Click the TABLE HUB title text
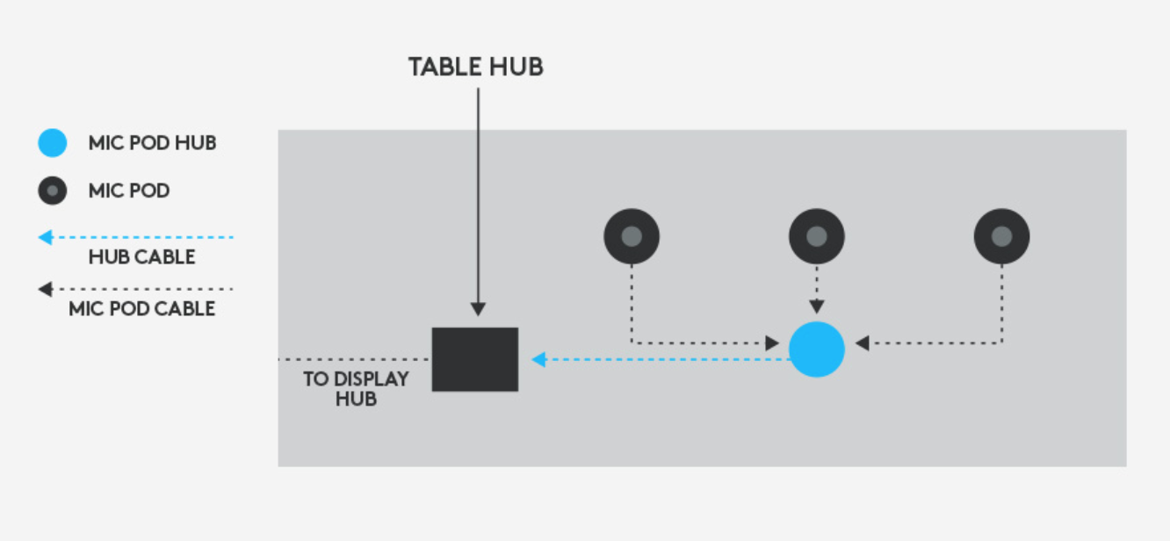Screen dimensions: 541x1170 tap(475, 67)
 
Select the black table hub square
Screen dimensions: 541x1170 tap(475, 359)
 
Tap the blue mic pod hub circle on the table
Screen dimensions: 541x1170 tap(817, 350)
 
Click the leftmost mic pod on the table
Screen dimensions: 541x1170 tap(632, 236)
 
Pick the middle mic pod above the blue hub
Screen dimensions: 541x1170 tap(817, 236)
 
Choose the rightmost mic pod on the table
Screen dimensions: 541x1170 tap(1001, 236)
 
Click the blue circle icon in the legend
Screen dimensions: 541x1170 tap(53, 143)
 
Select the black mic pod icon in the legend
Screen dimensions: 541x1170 tap(53, 191)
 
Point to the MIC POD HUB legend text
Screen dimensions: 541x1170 tap(152, 143)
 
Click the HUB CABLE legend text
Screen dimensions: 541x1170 tap(141, 257)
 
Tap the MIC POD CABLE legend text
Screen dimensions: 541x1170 tap(141, 308)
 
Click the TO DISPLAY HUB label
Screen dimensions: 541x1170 tap(356, 388)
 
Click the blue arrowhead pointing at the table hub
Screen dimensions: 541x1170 tap(538, 359)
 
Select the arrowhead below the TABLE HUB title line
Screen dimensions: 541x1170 tap(477, 309)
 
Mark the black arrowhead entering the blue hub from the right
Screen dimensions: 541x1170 tap(862, 343)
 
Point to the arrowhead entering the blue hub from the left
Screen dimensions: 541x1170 tap(772, 343)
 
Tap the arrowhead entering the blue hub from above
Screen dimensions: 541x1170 tap(817, 307)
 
